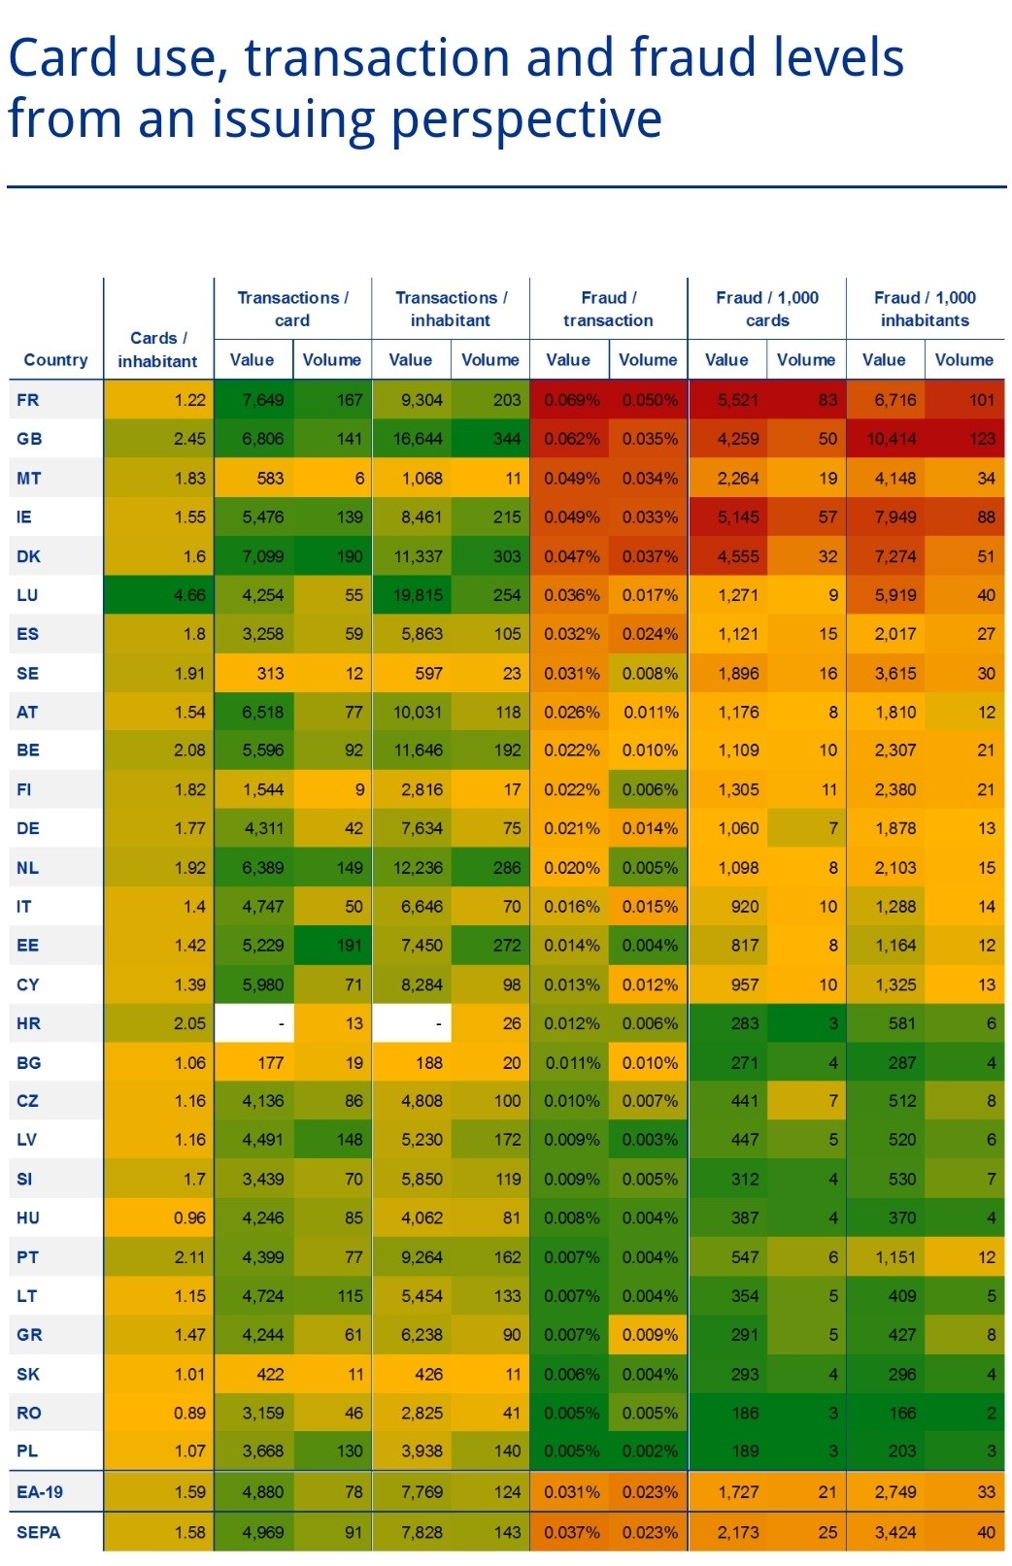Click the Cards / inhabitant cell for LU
(158, 595)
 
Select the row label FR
(28, 400)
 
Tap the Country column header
(55, 359)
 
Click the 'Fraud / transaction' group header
(608, 309)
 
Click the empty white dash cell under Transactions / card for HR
(253, 1023)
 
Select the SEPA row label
(39, 1532)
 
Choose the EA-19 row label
(40, 1492)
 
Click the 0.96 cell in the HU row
(158, 1217)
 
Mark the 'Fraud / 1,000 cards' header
(766, 309)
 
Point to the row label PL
(27, 1451)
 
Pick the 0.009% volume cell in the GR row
(648, 1335)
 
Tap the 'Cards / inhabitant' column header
(158, 350)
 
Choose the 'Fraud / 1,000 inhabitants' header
(925, 309)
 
